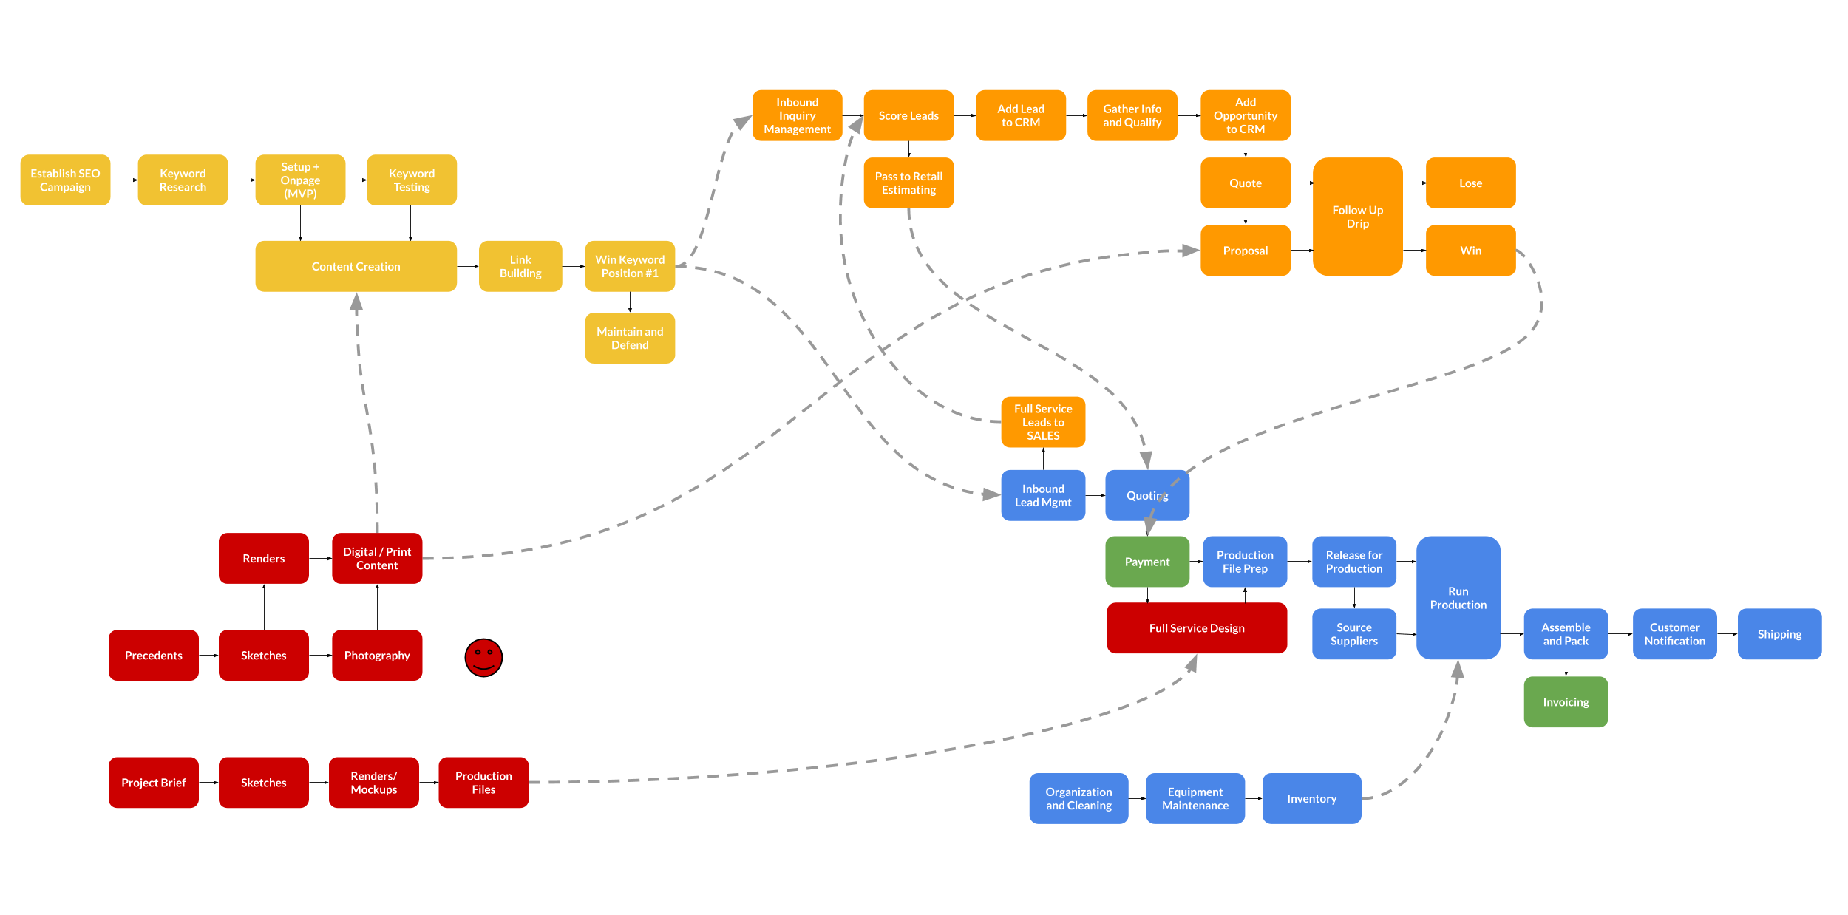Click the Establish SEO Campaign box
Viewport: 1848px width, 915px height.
click(65, 180)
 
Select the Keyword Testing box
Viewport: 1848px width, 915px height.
click(411, 180)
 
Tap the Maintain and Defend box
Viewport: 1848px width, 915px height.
click(629, 338)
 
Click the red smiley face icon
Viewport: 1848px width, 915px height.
click(483, 657)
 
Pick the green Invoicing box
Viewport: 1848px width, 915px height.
click(1565, 701)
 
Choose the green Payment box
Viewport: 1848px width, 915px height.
click(1146, 562)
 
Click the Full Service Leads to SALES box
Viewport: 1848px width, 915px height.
click(1042, 421)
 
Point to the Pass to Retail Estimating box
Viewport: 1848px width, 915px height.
click(908, 183)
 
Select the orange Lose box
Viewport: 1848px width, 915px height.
click(1470, 183)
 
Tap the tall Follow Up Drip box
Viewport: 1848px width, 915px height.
click(1356, 217)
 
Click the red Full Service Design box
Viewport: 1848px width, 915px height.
click(1196, 627)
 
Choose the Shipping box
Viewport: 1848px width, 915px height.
click(1779, 633)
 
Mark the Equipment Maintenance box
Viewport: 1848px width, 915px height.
click(1195, 798)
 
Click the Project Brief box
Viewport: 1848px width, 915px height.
click(153, 782)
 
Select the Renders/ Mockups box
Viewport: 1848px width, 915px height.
click(373, 782)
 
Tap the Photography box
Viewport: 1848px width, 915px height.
click(376, 655)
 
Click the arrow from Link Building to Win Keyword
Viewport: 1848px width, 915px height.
click(573, 266)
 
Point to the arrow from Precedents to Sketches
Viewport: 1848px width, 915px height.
click(208, 656)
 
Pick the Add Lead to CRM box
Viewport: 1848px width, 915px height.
click(1020, 115)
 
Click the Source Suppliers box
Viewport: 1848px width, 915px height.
click(1353, 633)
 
